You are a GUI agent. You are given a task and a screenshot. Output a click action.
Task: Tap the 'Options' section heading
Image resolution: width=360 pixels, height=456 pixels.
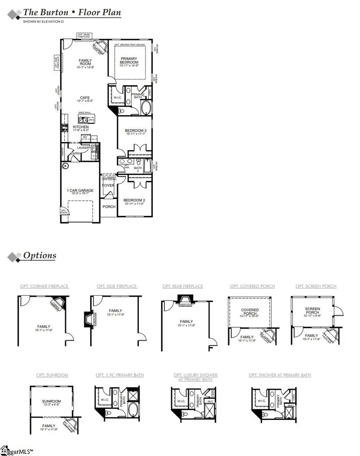40,255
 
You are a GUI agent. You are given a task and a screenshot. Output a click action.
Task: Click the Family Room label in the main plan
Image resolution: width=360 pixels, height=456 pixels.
85,62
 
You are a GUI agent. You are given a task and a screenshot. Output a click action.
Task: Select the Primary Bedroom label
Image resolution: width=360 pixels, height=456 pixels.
130,60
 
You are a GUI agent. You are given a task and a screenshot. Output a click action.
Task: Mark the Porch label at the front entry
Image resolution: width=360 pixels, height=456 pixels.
109,207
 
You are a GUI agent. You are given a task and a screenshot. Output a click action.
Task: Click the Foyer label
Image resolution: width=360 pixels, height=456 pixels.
108,185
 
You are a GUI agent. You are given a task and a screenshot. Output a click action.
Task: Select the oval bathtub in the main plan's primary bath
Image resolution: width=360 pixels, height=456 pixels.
146,109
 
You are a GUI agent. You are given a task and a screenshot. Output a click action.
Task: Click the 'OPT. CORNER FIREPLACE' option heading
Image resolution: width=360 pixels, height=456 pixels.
44,286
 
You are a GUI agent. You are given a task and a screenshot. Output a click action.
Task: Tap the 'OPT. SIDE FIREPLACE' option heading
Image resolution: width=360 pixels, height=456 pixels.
117,286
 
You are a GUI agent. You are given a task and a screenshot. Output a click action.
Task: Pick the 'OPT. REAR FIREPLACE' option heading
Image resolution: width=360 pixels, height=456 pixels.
182,286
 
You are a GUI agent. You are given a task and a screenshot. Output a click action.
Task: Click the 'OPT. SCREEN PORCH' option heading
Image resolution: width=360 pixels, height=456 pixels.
316,286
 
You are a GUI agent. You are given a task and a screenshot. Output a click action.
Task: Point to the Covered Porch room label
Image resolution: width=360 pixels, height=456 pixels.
250,312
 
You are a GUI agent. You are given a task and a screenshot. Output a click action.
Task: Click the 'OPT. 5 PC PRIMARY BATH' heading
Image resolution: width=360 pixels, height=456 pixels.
120,375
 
